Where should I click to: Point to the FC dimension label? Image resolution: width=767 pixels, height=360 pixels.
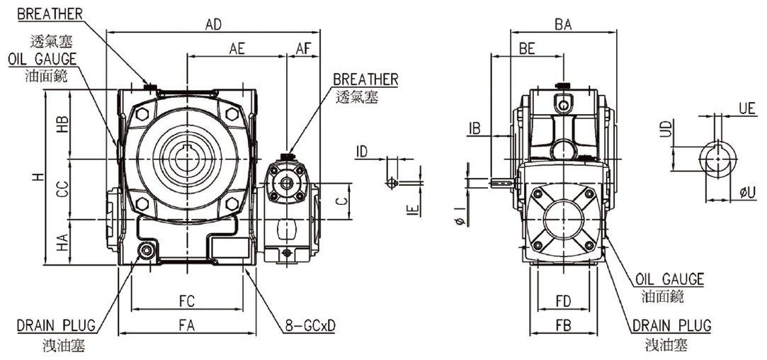tap(188, 301)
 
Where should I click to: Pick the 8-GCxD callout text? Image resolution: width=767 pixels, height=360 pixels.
tap(311, 326)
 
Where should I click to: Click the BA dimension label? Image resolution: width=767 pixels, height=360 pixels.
tap(564, 25)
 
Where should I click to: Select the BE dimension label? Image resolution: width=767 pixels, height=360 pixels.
tap(527, 48)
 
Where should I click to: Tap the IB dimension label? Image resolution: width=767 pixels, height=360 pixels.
tap(475, 128)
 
